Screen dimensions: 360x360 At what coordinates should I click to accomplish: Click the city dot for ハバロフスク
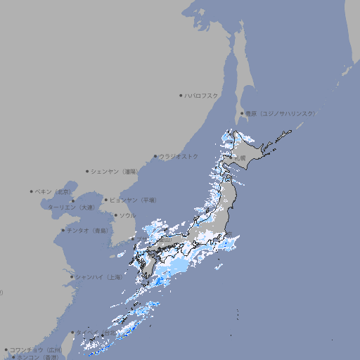click(181, 95)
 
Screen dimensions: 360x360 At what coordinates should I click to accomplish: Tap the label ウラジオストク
click(179, 156)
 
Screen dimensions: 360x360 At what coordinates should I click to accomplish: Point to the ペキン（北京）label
click(53, 191)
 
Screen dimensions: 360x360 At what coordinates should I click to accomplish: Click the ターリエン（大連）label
click(71, 207)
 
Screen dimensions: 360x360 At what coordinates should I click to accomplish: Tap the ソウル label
click(127, 215)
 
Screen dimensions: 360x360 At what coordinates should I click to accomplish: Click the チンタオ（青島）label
click(88, 230)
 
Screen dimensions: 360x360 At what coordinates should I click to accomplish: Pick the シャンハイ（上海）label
click(98, 276)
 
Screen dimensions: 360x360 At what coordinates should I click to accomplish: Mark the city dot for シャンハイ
click(72, 276)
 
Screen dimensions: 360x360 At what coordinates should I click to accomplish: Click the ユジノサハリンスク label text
click(288, 113)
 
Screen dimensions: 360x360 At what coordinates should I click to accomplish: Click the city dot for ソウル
click(115, 215)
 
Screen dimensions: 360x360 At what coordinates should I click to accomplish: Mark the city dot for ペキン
click(32, 191)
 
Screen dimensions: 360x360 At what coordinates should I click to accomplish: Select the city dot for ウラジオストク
click(155, 156)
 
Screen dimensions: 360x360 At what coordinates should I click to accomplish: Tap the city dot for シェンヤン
click(87, 171)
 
